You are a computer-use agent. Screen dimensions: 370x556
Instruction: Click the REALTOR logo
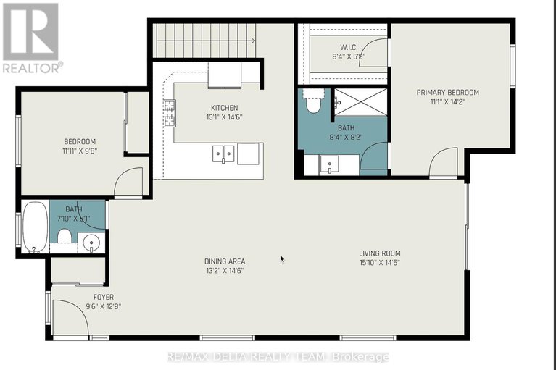30,37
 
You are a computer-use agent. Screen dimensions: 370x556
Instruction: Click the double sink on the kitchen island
223,153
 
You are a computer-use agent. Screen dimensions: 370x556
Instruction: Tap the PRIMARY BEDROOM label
447,92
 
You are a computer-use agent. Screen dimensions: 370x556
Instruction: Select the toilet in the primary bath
314,102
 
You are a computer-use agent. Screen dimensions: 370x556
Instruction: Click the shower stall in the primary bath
360,102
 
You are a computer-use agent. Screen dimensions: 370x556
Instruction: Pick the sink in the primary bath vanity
331,165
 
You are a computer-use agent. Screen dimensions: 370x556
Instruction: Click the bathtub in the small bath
34,227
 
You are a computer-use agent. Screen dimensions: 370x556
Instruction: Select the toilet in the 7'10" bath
64,236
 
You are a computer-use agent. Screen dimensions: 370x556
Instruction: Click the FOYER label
103,296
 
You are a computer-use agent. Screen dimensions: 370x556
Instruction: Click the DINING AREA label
225,261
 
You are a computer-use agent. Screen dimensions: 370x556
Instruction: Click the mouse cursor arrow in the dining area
283,258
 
